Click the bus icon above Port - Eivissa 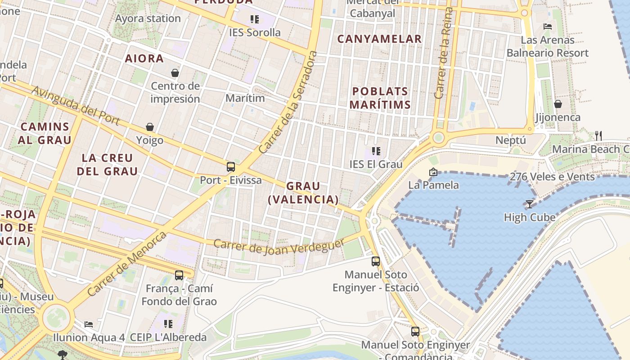231,167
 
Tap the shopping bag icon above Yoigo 150,127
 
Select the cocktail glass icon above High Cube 530,204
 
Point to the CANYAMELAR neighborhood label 379,39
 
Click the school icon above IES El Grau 376,151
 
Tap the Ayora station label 148,19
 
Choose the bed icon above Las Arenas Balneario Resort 548,27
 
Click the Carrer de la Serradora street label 288,102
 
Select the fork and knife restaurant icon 598,135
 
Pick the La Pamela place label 433,185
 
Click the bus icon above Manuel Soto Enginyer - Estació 376,261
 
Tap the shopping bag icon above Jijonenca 558,104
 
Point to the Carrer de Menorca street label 127,263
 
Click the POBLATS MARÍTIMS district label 380,98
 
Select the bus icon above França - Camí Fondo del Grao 179,275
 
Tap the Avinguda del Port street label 75,106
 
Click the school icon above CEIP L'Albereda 168,324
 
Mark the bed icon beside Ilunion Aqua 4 89,324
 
